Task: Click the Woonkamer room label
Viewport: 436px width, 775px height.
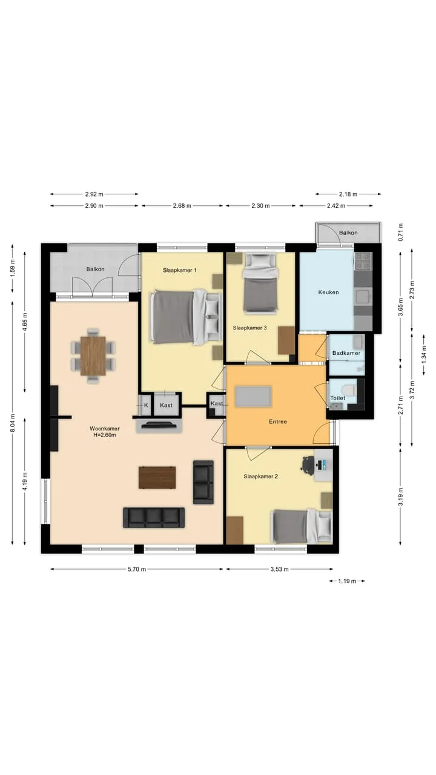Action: click(105, 429)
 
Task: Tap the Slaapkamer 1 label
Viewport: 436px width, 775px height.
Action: click(180, 270)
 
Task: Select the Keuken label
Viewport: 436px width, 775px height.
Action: click(328, 292)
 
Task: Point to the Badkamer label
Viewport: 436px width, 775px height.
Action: click(346, 353)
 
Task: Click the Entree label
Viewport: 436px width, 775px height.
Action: click(278, 422)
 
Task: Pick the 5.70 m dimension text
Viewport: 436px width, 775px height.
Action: click(137, 569)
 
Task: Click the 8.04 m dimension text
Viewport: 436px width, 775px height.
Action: click(13, 423)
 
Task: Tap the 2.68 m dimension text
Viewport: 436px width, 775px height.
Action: click(182, 206)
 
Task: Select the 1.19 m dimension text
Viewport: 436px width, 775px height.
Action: click(347, 581)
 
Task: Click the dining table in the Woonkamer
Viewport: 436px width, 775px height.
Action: click(93, 355)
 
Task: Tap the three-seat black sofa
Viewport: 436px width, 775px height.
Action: click(154, 518)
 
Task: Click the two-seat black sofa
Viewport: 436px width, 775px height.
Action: click(203, 482)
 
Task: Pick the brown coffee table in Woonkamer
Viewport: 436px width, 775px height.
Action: click(157, 478)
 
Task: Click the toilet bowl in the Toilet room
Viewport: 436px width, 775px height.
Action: click(351, 389)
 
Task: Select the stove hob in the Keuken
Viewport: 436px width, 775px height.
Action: click(363, 261)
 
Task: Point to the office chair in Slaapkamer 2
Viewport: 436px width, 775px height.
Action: click(308, 464)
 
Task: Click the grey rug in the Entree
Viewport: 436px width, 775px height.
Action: click(253, 397)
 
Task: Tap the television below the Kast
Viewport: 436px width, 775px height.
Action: click(159, 425)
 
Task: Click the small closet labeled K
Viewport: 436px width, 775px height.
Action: click(146, 405)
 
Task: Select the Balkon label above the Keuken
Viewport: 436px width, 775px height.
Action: click(348, 233)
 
